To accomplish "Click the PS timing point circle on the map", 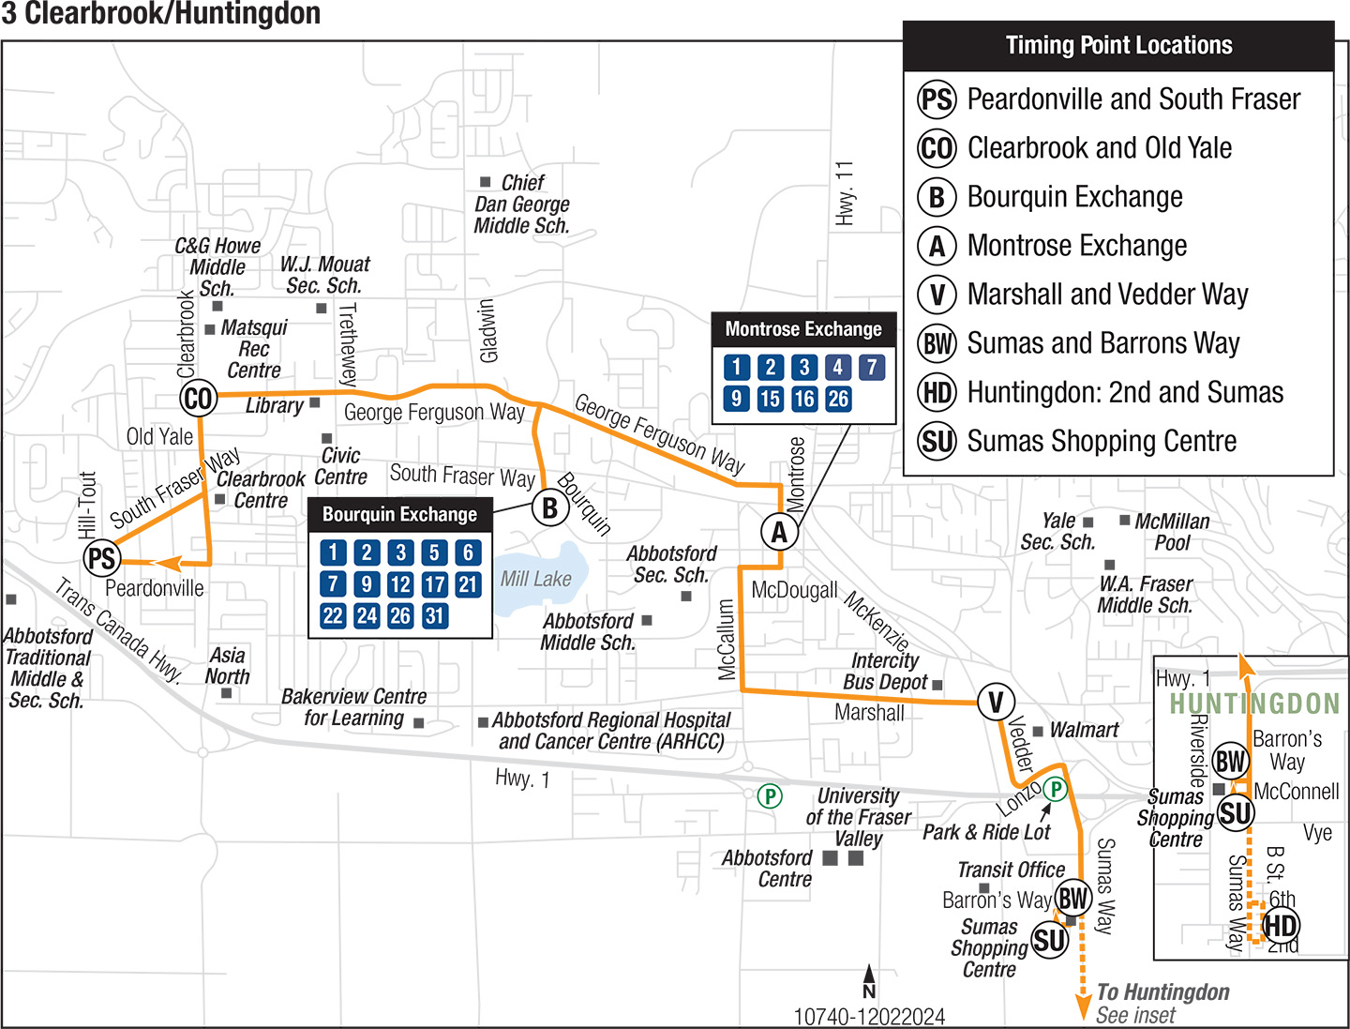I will [101, 559].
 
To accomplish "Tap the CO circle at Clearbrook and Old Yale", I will [198, 398].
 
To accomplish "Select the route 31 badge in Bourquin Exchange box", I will [434, 616].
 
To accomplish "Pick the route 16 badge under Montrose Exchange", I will [804, 399].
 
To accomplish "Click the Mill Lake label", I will [535, 579].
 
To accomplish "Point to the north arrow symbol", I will [869, 981].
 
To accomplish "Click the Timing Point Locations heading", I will [1118, 46].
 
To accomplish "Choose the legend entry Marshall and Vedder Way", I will [1107, 295].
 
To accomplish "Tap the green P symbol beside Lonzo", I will [1056, 789].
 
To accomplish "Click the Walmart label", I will [1084, 730].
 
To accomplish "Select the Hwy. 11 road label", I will [845, 193].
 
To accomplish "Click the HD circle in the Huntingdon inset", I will [1281, 926].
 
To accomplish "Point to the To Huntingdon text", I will [1162, 992].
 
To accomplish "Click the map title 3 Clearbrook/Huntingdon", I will [161, 14].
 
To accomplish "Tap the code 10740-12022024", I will [869, 1017].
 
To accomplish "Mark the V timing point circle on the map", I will [996, 702].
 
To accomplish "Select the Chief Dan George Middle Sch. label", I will [522, 204].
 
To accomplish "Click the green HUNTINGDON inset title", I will [1254, 704].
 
